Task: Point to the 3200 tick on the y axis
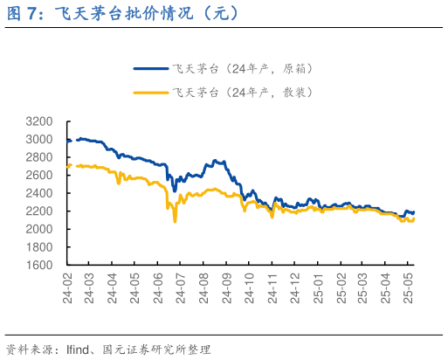(x=38, y=121)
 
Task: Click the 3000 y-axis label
(x=38, y=139)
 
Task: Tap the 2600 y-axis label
(x=38, y=175)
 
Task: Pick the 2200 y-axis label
(x=38, y=211)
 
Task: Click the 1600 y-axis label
(x=38, y=265)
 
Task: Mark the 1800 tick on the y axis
(x=38, y=247)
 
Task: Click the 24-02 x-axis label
(x=67, y=287)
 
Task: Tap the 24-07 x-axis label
(x=181, y=287)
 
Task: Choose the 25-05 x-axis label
(x=408, y=287)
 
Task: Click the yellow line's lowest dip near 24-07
(x=175, y=221)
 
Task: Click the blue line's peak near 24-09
(x=216, y=161)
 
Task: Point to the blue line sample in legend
(x=150, y=67)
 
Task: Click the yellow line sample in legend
(x=150, y=92)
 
